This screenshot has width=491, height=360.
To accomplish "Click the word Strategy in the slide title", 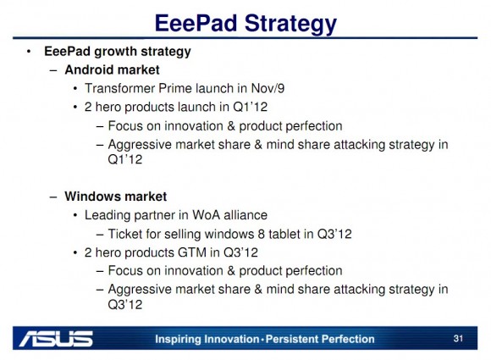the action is click(290, 24).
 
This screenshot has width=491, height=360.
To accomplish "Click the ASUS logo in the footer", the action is click(56, 338).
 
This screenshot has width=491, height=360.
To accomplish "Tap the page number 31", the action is click(458, 338).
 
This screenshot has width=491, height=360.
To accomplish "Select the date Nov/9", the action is click(268, 88).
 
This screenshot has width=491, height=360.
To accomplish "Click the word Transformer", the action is click(119, 88).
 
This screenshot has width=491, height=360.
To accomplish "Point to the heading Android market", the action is click(112, 69).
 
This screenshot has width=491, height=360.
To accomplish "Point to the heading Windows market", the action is click(115, 197).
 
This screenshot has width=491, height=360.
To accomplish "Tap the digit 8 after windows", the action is click(261, 234).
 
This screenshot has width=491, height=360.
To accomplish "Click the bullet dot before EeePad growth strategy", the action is click(29, 52).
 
